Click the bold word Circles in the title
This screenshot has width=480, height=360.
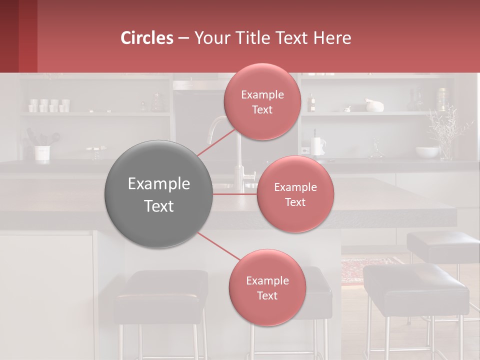tap(147, 38)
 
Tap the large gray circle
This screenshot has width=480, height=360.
tap(159, 194)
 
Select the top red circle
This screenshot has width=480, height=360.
tap(262, 101)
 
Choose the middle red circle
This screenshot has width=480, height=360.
tap(295, 194)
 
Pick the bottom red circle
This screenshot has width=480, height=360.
tap(267, 287)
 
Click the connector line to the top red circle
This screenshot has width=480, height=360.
tap(216, 144)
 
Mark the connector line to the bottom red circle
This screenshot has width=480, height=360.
tap(218, 246)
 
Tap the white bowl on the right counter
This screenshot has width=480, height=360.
tap(426, 152)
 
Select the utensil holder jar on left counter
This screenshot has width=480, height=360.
tap(42, 153)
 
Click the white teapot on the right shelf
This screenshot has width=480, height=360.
tap(374, 105)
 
